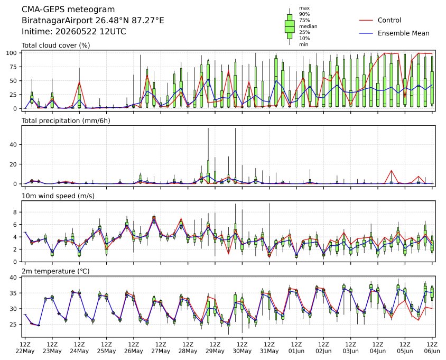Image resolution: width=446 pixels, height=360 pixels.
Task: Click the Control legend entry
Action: (389, 20)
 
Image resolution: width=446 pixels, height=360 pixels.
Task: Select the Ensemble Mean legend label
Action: (403, 33)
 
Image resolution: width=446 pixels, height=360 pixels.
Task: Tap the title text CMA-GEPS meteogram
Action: (68, 10)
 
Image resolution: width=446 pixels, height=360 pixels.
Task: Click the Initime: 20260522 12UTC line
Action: (73, 31)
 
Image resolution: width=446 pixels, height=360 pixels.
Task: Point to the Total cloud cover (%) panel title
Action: (56, 45)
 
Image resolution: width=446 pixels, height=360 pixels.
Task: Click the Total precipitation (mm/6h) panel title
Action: (66, 121)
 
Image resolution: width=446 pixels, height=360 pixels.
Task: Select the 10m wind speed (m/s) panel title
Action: (58, 196)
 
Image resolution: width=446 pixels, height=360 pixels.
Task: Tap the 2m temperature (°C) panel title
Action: (55, 271)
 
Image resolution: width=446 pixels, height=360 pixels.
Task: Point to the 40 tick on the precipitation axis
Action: (14, 144)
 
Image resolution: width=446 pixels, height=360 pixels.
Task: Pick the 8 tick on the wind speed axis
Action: (16, 213)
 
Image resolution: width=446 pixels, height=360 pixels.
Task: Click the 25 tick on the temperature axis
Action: (14, 325)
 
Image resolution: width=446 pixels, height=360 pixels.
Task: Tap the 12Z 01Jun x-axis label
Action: (296, 347)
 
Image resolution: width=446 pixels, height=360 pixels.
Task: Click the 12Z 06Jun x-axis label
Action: (432, 347)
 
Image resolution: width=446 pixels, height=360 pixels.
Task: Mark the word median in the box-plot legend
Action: (308, 26)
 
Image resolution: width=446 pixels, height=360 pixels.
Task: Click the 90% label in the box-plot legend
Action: (304, 14)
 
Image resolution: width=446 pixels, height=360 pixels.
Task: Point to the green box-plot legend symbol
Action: (290, 26)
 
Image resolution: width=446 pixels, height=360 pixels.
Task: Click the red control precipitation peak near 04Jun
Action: (392, 170)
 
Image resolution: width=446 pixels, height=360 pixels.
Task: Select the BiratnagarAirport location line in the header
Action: (92, 21)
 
